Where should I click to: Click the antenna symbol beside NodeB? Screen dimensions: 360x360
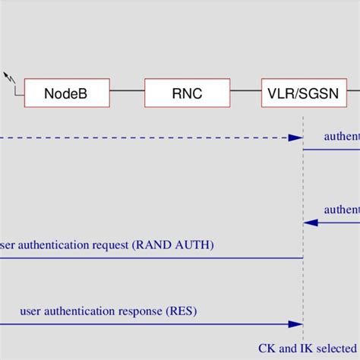click(10, 78)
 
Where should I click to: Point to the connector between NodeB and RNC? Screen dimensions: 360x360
click(127, 93)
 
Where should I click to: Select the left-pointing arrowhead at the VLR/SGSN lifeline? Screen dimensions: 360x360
click(308, 223)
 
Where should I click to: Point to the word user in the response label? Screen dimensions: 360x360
click(34, 311)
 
